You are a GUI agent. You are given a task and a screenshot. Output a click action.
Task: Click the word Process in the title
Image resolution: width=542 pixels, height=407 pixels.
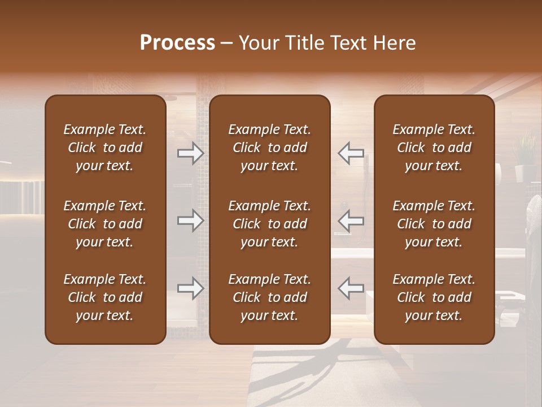(177, 43)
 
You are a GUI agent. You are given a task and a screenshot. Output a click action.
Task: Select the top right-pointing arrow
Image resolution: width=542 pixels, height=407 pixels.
(191, 153)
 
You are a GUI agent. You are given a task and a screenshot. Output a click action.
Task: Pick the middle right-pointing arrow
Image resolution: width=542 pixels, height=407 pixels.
(191, 220)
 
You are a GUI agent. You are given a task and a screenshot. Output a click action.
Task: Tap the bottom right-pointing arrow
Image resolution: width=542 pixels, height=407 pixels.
(191, 288)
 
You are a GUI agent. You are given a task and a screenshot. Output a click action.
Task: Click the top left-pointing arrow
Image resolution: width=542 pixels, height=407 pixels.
(351, 153)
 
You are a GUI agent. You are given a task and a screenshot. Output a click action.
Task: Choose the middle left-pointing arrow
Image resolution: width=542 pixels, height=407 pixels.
(351, 220)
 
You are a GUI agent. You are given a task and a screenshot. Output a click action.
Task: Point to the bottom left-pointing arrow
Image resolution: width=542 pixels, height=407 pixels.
(351, 288)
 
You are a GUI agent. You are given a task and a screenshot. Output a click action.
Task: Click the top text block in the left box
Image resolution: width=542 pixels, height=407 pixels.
(105, 148)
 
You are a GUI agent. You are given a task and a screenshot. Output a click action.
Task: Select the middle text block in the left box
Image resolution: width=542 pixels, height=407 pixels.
(105, 224)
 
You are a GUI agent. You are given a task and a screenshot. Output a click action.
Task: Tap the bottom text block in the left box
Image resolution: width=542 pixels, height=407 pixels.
(105, 297)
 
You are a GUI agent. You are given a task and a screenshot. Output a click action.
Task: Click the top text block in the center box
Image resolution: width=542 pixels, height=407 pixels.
(269, 148)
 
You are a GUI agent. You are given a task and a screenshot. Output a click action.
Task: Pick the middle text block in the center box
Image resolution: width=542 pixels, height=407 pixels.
(269, 224)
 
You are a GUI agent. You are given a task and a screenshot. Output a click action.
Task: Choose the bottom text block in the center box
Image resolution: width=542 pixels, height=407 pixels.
(269, 297)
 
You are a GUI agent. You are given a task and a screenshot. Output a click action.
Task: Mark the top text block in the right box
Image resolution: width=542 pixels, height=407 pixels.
(434, 148)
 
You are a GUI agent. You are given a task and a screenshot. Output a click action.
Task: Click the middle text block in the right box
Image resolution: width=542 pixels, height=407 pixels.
(434, 224)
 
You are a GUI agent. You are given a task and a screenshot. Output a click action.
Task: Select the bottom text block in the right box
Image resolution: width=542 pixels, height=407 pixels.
(434, 297)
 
